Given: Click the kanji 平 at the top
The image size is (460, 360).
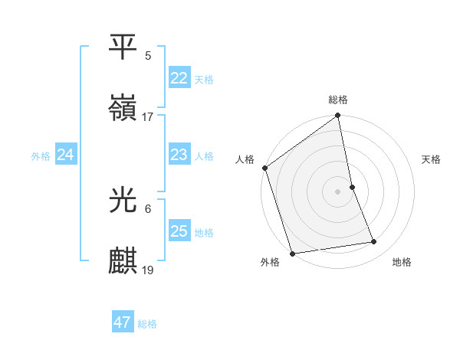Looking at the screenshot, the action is click(x=123, y=47).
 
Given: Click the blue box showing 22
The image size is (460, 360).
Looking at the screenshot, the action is click(x=179, y=78).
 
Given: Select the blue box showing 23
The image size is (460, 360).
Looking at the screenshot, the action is click(x=179, y=155).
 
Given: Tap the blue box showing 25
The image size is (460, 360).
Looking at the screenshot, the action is click(x=179, y=231).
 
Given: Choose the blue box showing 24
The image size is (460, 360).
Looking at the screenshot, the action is click(x=66, y=155).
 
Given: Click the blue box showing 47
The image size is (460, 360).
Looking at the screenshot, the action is click(x=123, y=322).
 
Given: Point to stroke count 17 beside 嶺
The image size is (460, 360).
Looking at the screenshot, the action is click(x=148, y=117).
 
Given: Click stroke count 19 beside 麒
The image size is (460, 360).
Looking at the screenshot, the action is click(x=148, y=270).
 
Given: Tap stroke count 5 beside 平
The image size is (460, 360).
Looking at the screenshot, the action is click(x=148, y=55).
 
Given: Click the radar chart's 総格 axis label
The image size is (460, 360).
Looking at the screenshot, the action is click(x=338, y=100).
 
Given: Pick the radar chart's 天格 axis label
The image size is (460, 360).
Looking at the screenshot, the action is click(x=432, y=160).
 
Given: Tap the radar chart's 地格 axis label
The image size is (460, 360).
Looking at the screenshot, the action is click(x=402, y=262).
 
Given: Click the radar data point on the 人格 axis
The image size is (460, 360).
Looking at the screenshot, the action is click(x=265, y=168).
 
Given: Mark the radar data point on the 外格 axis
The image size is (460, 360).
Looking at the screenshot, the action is click(x=292, y=253).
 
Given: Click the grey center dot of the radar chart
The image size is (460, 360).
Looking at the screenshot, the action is click(x=338, y=191).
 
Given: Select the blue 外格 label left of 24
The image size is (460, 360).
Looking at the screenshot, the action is click(x=41, y=156).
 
